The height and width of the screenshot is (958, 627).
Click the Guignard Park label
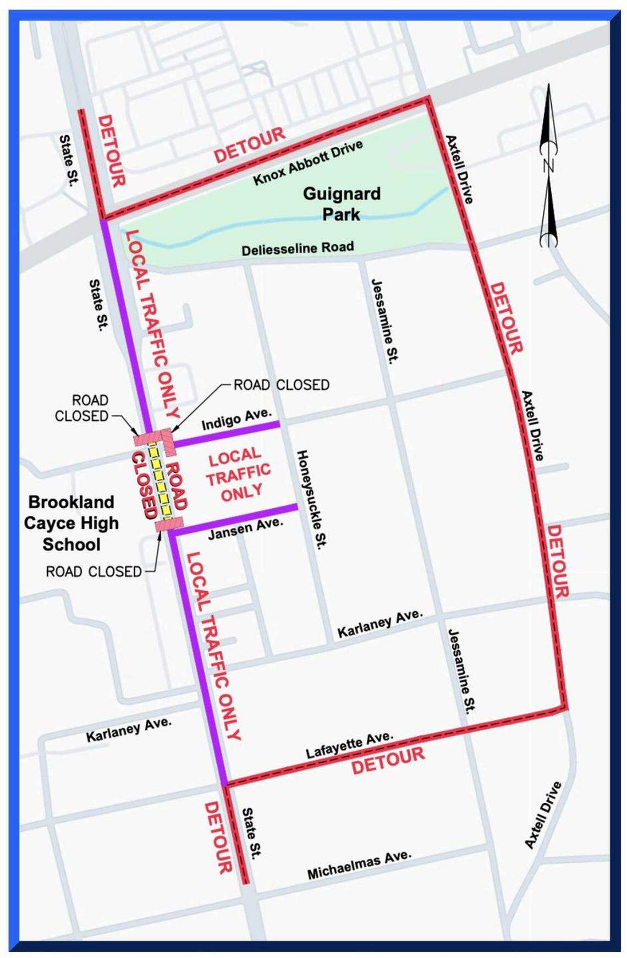click(341, 204)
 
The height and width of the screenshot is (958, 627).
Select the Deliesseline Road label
click(298, 248)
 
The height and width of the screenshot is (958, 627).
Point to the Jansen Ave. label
click(245, 527)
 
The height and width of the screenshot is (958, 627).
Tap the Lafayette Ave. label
click(349, 745)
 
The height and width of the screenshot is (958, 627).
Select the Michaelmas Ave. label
click(359, 864)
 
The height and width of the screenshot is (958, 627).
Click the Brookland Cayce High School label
click(71, 523)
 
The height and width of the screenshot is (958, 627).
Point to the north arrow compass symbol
click(548, 165)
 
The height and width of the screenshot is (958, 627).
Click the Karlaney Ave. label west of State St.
click(128, 729)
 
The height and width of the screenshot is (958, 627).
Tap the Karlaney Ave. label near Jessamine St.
click(380, 623)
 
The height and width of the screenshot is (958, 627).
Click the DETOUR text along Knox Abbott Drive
click(250, 145)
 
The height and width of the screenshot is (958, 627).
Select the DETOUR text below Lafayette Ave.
click(388, 761)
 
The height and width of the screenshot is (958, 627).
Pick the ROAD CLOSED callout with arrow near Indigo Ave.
click(281, 385)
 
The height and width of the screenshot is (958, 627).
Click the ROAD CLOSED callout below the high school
click(94, 571)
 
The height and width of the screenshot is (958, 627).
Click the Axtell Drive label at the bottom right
click(542, 814)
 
